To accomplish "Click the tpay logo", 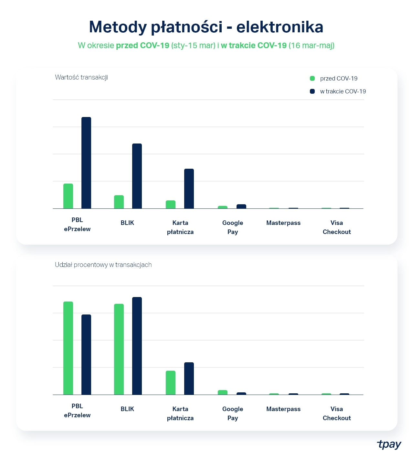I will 389,444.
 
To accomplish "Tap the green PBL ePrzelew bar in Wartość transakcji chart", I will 68,196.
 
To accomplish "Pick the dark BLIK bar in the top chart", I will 137,176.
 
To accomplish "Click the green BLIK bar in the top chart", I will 119,202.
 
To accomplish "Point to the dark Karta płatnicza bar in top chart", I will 189,188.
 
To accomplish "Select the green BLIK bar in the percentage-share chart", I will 119,349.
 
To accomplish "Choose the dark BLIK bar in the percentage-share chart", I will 137,346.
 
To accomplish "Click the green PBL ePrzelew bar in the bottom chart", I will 68,348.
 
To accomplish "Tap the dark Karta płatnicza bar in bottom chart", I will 189,378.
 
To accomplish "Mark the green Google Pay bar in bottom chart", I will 223,392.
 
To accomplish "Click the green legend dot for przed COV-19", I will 312,79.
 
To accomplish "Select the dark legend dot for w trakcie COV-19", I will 312,91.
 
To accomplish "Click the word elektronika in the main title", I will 280,27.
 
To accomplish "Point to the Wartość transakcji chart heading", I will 81,77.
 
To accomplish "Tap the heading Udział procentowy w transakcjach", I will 103,265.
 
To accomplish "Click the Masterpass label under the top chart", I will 283,223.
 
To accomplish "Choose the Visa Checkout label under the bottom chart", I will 337,413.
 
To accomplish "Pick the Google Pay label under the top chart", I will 233,227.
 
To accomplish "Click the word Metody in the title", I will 118,27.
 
